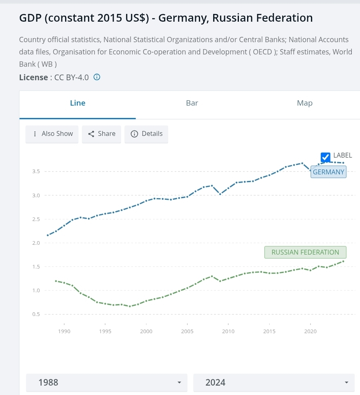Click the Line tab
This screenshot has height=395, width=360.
click(78, 103)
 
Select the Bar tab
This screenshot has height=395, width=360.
click(192, 103)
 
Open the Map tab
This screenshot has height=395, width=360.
click(305, 103)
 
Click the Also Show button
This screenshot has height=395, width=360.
click(52, 134)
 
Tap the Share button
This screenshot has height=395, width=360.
click(101, 134)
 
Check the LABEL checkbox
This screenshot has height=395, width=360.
click(326, 157)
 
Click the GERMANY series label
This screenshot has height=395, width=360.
click(328, 172)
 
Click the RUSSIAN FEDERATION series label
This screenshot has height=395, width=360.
click(305, 252)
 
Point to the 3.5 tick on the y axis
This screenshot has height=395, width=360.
click(36, 172)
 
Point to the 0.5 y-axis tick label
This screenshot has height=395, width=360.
click(36, 314)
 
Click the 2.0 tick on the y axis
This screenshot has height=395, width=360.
click(36, 243)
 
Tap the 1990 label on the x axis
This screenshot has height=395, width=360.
click(64, 331)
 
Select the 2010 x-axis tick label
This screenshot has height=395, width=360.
click(228, 331)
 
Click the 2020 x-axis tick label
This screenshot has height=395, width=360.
click(310, 331)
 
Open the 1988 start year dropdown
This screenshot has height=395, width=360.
click(107, 383)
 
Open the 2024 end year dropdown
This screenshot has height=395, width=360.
click(274, 383)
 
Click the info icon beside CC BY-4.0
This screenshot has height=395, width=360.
click(97, 77)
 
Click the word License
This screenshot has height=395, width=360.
click(33, 77)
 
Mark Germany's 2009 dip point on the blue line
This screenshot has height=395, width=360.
click(220, 194)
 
